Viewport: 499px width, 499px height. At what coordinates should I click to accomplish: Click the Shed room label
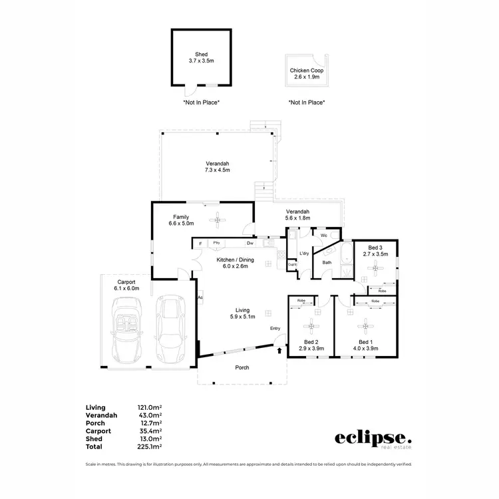coord(201,57)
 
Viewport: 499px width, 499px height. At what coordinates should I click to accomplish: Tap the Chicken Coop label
coord(306,73)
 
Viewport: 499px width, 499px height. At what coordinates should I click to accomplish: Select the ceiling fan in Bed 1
coord(364,326)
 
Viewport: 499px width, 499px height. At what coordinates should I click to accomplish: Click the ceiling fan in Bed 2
coord(311,326)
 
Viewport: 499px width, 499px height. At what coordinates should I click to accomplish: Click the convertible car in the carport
coord(126,327)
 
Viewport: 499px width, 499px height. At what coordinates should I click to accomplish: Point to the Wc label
coord(323,236)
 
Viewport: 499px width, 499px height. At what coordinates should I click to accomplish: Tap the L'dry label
coord(304,253)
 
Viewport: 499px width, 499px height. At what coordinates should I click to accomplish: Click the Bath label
coord(327,262)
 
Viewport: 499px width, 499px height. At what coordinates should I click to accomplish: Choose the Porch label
coord(243,367)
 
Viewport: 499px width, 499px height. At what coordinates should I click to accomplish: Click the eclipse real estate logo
coord(373,439)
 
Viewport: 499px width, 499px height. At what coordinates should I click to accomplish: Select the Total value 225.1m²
coord(150,447)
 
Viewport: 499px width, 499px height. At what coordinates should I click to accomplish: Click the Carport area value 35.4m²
coord(150,431)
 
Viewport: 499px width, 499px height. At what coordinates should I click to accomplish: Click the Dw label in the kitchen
coord(249,244)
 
